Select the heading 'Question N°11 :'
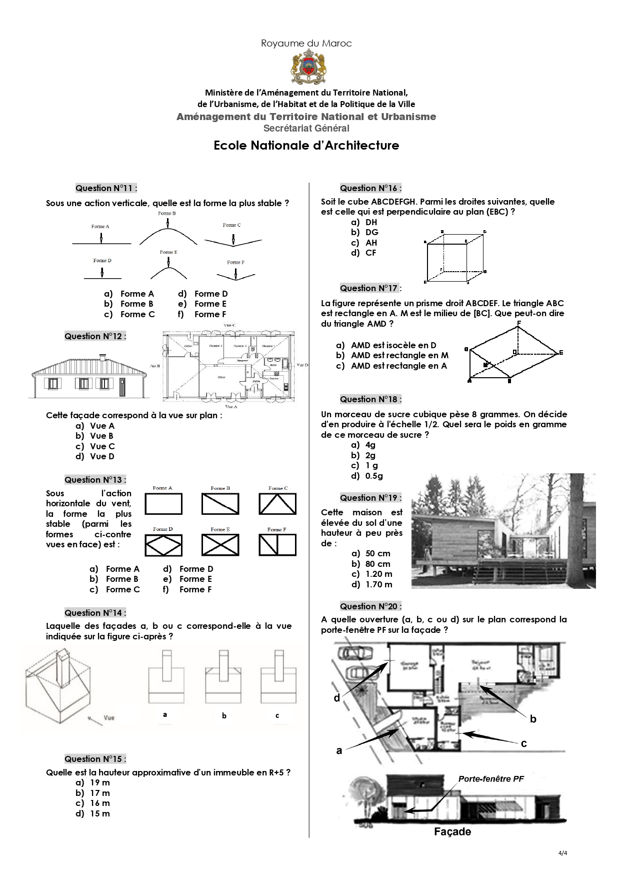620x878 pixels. pos(106,188)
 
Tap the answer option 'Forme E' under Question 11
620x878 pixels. pos(210,304)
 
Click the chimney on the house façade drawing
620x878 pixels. pos(102,357)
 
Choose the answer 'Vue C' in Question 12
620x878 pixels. pos(102,446)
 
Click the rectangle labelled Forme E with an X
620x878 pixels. pos(220,545)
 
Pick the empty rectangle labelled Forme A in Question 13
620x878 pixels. pos(163,504)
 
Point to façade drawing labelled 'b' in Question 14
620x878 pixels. pos(223,677)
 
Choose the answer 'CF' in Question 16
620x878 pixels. pos(370,253)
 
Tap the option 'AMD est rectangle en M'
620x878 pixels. pos(399,355)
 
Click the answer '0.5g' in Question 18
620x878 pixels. pos(374,476)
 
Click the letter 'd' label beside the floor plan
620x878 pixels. pos(337,698)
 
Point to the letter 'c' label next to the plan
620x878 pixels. pos(523,743)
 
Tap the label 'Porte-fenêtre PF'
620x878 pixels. pos(491,779)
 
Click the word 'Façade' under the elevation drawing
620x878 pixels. pos(452,831)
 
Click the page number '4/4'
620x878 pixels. pos(562,853)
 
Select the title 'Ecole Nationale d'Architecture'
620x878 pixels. pos(306,146)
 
